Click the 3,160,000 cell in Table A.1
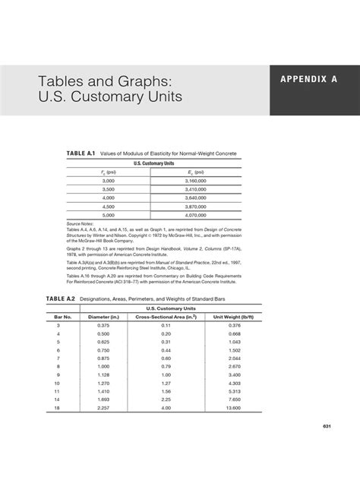point(195,181)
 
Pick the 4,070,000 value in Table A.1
point(195,214)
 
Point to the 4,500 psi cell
point(108,206)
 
